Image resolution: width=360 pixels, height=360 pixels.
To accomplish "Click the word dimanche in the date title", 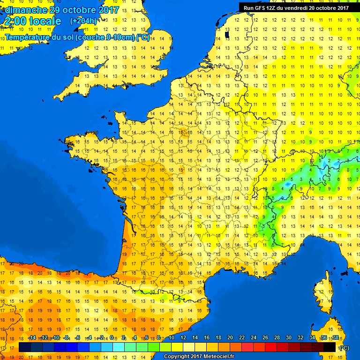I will click(25, 10).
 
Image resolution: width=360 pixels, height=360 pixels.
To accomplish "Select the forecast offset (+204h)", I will click(83, 21).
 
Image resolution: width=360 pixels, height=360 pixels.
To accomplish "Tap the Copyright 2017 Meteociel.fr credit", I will click(199, 356).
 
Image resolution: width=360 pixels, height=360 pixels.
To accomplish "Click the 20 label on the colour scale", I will click(230, 338).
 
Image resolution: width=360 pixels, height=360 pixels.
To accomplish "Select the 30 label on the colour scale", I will click(289, 338).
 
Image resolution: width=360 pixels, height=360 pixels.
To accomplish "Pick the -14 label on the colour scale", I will click(32, 338).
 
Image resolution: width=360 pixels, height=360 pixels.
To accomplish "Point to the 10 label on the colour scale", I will click(172, 338).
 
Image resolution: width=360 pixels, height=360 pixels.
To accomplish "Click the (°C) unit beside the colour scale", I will click(344, 348).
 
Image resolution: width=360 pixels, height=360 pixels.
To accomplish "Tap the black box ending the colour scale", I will click(330, 347).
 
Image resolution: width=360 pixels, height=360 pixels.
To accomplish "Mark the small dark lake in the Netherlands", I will click(227, 34).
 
